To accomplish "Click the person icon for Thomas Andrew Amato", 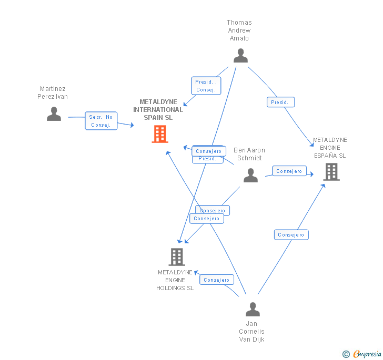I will click(x=240, y=56).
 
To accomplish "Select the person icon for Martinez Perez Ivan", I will click(x=54, y=114).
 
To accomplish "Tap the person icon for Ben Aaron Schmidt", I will click(x=250, y=176).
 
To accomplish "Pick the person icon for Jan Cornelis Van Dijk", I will click(x=253, y=310).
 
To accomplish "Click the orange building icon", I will click(x=159, y=134).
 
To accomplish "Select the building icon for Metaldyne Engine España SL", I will click(x=331, y=172).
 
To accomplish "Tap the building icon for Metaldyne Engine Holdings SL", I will click(x=177, y=257).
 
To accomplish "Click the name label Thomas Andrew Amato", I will click(x=239, y=30).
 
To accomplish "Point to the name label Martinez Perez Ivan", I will click(x=53, y=92).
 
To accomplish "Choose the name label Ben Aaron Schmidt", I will click(x=249, y=154).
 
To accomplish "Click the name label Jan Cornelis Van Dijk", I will click(x=251, y=332).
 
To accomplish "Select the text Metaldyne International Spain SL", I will click(x=158, y=110).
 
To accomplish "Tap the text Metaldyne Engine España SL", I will click(x=330, y=148).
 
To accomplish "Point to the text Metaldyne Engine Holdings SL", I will click(x=175, y=280).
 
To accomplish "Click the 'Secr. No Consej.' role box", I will click(x=101, y=121).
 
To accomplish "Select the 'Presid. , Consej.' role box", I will click(x=206, y=86).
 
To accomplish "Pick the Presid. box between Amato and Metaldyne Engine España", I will click(x=280, y=102).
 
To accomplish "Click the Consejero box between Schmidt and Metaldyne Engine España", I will click(x=289, y=171).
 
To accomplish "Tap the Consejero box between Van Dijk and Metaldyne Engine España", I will click(x=291, y=235).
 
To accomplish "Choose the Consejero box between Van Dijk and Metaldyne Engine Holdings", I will click(x=216, y=280).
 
